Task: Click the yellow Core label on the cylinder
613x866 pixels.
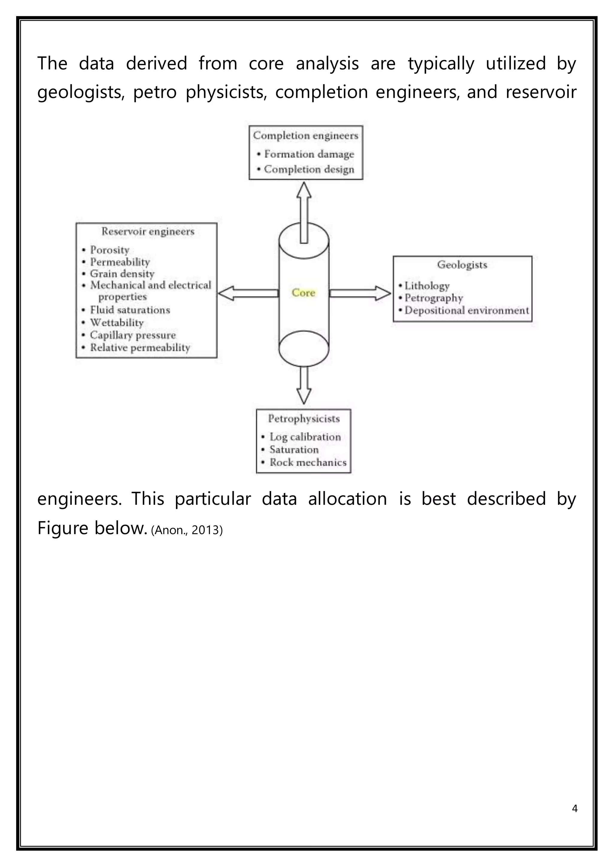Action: point(303,293)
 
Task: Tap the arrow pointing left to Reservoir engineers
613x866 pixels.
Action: point(248,293)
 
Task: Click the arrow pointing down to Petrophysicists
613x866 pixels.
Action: point(304,385)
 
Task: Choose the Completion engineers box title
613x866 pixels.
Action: point(305,135)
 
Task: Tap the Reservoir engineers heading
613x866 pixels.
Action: point(148,231)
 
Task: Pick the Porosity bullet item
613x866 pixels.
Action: point(110,250)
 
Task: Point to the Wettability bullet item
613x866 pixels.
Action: point(117,322)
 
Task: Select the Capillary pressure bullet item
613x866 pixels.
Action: point(133,335)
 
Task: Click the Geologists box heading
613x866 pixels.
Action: point(462,264)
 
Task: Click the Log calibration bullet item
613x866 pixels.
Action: point(305,437)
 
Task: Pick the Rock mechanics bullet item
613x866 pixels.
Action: point(308,462)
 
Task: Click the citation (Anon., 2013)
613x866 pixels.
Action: point(187,530)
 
